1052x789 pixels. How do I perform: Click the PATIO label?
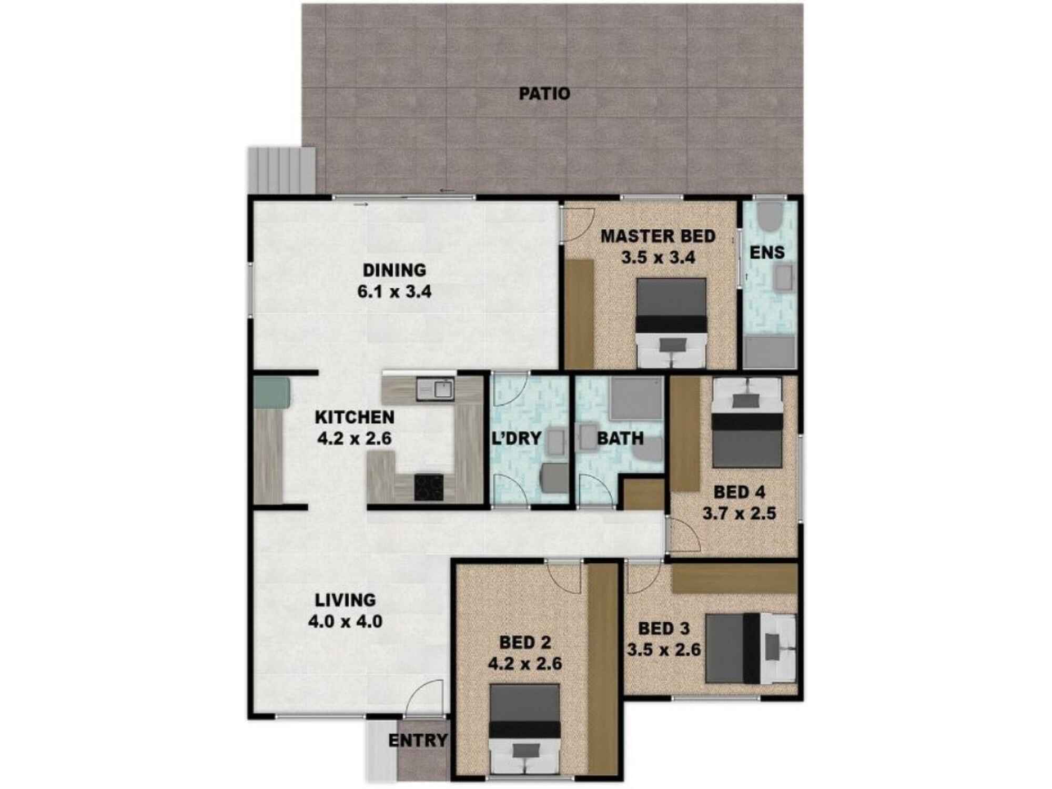point(544,94)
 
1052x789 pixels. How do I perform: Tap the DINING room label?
point(394,270)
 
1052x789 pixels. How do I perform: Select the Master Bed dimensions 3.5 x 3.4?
point(658,258)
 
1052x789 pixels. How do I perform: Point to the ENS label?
point(767,252)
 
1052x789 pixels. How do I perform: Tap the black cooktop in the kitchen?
point(429,487)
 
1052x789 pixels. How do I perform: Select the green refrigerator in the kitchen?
point(272,392)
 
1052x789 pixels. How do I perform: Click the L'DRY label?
point(516,438)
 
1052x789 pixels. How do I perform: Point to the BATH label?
point(620,438)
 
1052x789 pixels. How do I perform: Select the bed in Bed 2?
point(524,729)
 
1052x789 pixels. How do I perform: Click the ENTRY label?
point(418,741)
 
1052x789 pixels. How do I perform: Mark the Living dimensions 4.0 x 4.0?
point(345,622)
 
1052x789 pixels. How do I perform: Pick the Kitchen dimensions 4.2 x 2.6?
point(355,438)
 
